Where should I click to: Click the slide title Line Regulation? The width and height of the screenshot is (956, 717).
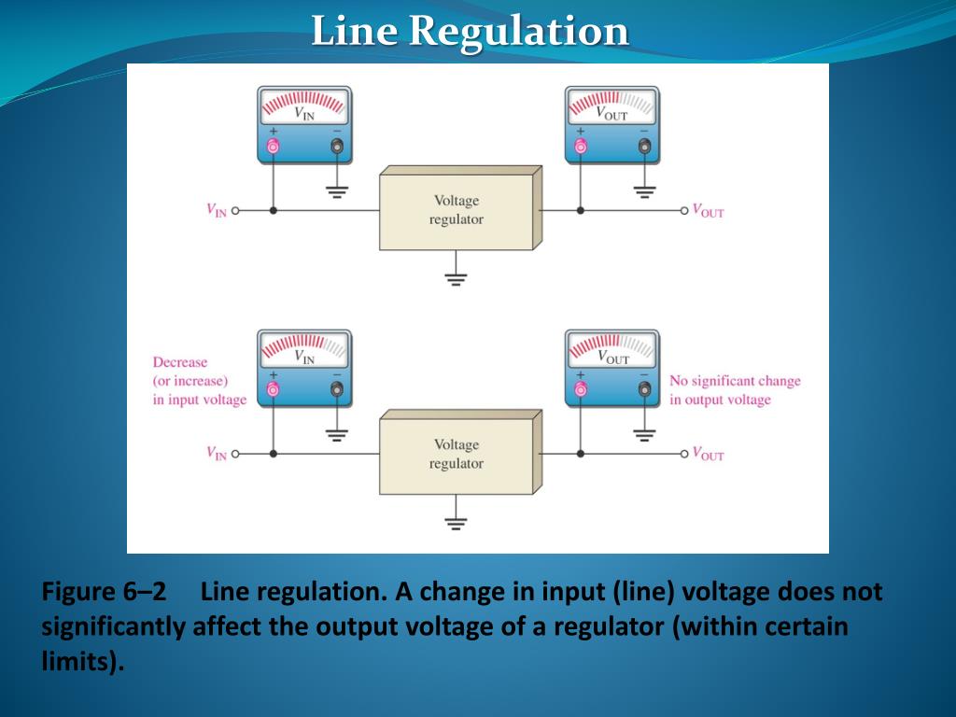tap(470, 31)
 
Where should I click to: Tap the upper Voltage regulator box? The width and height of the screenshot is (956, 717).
tap(457, 210)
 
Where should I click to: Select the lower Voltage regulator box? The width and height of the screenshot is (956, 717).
tap(457, 455)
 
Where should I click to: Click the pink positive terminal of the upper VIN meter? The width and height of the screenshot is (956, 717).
tap(274, 146)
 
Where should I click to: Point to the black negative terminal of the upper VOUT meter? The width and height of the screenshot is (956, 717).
tap(644, 146)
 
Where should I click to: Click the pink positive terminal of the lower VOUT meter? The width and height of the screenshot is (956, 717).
tap(581, 388)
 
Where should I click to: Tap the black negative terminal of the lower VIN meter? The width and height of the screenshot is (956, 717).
tap(337, 388)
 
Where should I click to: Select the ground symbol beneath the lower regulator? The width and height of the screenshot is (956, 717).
tap(456, 522)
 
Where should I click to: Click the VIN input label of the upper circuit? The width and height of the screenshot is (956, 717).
tap(217, 210)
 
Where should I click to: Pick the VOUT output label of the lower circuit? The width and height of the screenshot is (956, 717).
tap(709, 455)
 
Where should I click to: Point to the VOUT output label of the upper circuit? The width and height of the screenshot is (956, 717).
tap(709, 211)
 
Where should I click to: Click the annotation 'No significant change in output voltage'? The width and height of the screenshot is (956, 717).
tap(735, 390)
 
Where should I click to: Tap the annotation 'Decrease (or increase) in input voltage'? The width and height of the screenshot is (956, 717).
tap(199, 381)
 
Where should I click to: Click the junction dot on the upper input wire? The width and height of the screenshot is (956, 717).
tap(274, 211)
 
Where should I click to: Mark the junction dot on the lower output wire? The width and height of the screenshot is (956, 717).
tap(581, 455)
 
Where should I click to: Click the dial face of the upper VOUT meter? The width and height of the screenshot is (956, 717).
tap(612, 106)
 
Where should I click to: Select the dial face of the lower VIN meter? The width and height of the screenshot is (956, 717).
tap(304, 349)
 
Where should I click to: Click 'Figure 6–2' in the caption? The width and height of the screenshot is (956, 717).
tap(104, 593)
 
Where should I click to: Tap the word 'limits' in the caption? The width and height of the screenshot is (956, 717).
tap(79, 662)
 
